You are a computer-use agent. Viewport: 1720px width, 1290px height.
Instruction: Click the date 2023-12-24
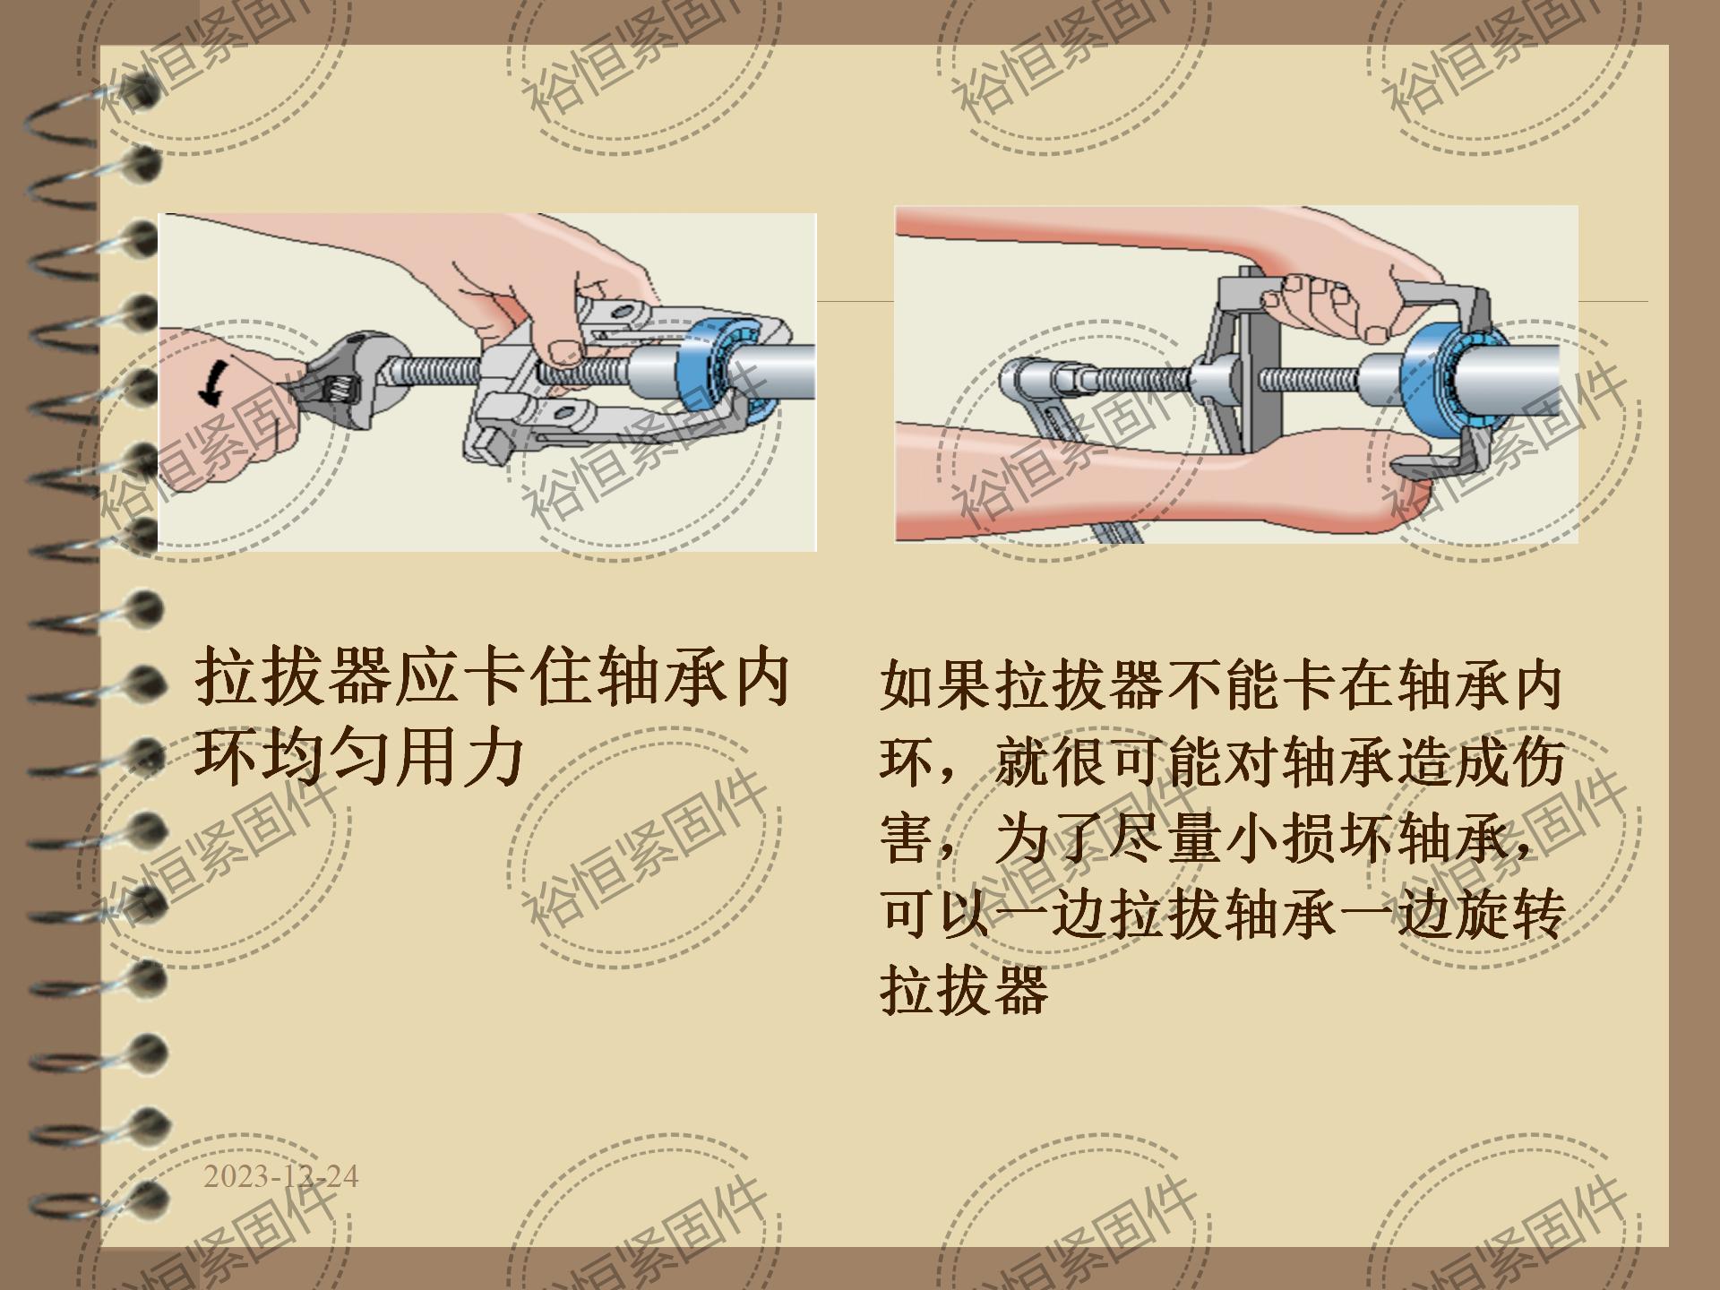[280, 1176]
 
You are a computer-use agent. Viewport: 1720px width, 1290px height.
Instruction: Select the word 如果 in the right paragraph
[937, 686]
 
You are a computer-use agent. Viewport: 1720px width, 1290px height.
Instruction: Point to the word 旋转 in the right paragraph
[1510, 916]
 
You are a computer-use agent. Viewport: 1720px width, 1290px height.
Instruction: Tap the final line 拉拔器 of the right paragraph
[964, 991]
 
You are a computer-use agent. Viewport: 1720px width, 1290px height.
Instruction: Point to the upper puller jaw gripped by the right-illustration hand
[1442, 309]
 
